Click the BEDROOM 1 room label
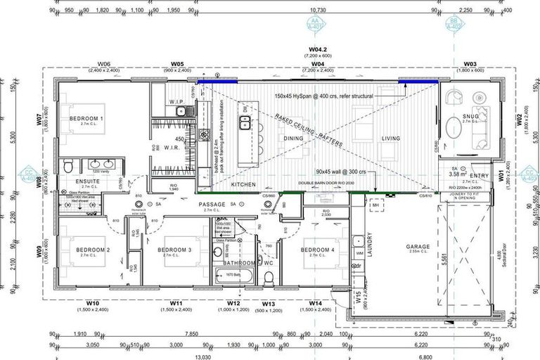86,119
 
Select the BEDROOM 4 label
318,250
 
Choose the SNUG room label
470,117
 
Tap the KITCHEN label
244,184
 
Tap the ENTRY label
480,176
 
